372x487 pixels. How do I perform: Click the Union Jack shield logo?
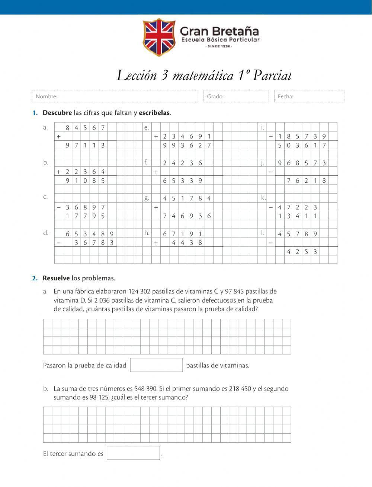pos(159,36)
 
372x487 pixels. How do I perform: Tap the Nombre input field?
pos(115,96)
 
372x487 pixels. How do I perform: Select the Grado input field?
pos(236,96)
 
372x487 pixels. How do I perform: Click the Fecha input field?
pos(309,96)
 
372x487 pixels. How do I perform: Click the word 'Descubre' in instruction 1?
pos(57,112)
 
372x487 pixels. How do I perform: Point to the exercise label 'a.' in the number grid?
pos(45,127)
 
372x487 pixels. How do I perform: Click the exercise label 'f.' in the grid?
pos(146,162)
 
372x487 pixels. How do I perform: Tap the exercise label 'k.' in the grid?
pos(263,198)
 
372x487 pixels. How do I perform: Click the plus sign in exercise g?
pos(156,207)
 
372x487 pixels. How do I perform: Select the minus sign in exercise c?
pos(58,207)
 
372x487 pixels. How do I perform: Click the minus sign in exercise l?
pos(271,243)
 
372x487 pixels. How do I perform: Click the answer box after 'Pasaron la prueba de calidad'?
pos(156,365)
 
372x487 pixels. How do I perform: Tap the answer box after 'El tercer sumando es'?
pos(133,453)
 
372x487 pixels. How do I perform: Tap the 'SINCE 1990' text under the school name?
pos(219,46)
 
